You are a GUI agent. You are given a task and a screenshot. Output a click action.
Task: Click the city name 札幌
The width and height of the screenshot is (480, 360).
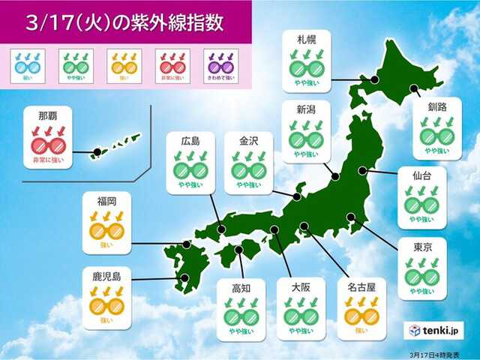pyautogui.click(x=305, y=38)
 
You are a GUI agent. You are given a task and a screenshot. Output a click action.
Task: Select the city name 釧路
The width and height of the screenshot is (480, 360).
pyautogui.click(x=437, y=107)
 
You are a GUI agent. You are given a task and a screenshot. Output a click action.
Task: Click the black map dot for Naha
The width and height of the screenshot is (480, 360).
pyautogui.click(x=96, y=154)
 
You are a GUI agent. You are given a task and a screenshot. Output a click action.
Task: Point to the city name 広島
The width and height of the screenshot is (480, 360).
pyautogui.click(x=189, y=140)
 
